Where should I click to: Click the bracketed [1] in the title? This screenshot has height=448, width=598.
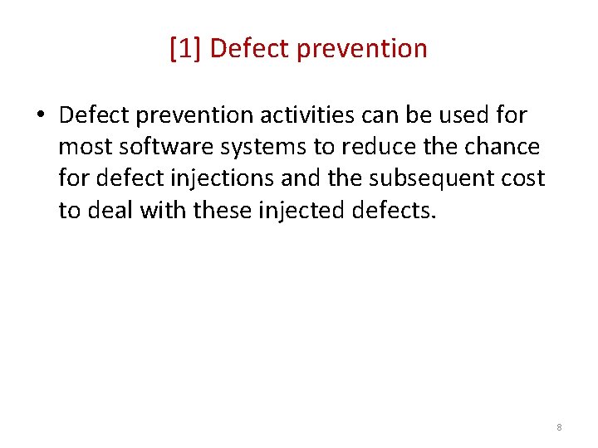(185, 49)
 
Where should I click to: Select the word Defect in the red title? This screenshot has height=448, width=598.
(247, 49)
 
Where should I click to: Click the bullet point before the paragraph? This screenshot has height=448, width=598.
(40, 115)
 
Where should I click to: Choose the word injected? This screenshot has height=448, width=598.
(302, 211)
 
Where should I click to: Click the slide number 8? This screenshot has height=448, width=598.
(559, 427)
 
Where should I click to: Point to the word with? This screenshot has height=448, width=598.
(164, 211)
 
